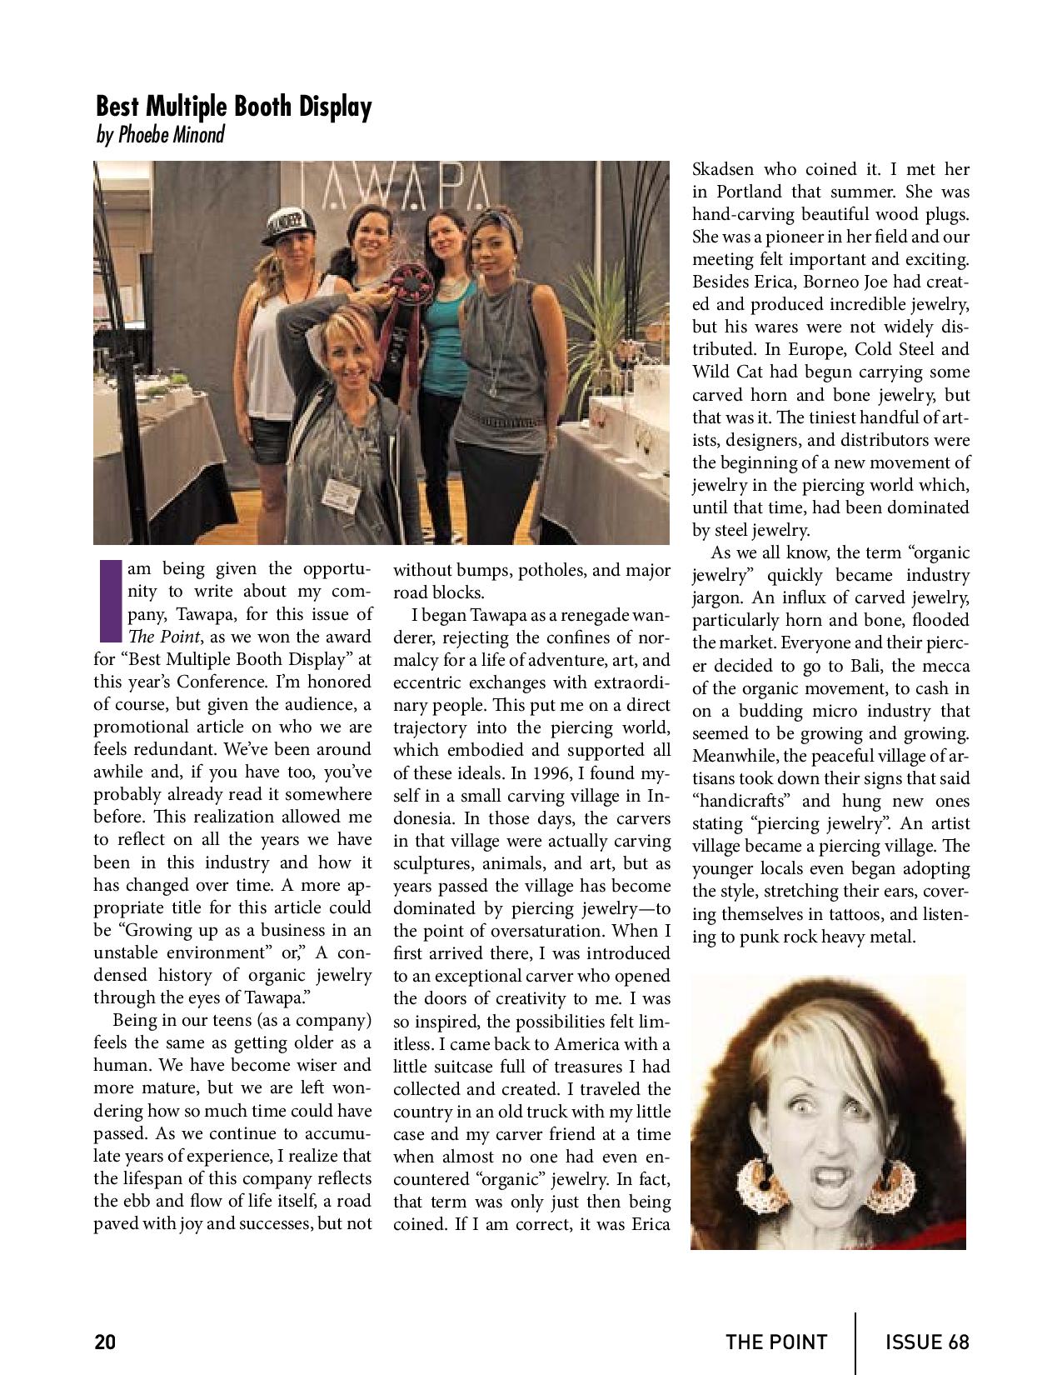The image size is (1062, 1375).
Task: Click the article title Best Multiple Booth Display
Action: click(233, 107)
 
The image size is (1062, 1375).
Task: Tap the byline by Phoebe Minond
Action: click(160, 134)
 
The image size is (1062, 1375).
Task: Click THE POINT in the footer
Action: click(776, 1342)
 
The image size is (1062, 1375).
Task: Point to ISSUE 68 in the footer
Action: click(927, 1342)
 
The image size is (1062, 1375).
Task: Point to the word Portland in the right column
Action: click(747, 192)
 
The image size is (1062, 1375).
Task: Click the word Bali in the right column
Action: click(836, 666)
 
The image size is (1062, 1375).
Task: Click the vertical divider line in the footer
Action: click(855, 1342)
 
